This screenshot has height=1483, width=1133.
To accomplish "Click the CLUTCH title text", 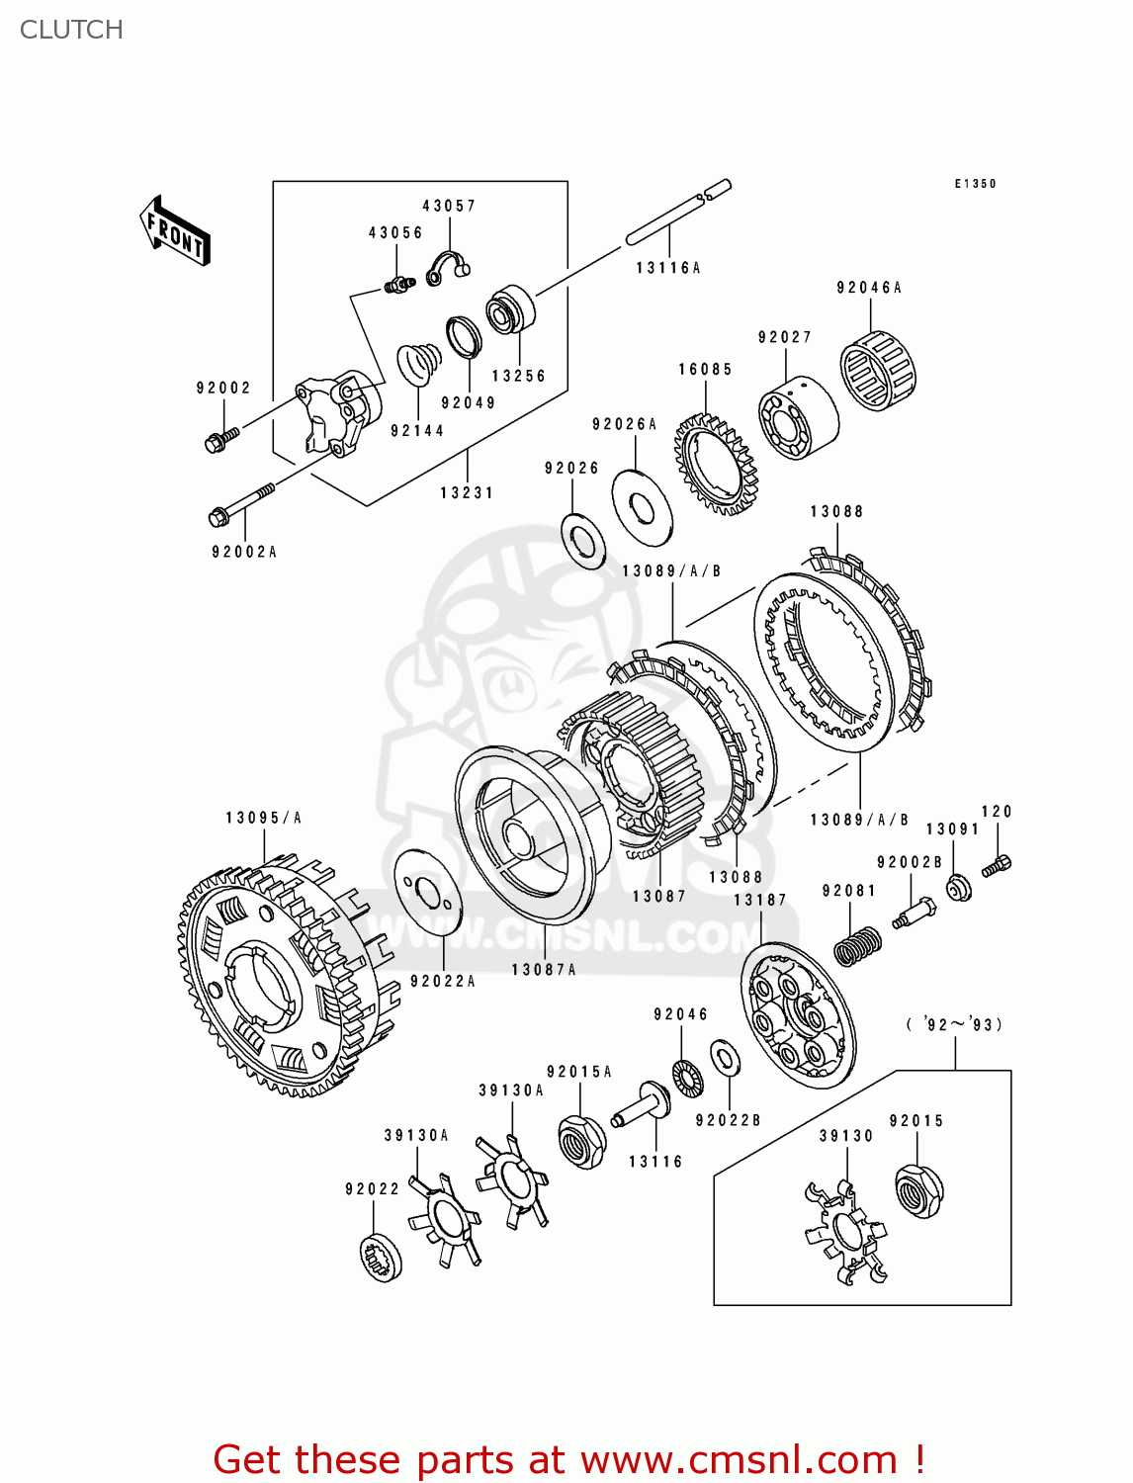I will pyautogui.click(x=71, y=30).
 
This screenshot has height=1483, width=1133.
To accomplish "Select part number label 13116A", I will pyautogui.click(x=667, y=268).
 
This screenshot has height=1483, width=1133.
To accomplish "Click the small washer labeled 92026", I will pyautogui.click(x=583, y=541).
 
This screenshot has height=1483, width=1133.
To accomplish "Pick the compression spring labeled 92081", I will pyautogui.click(x=856, y=946).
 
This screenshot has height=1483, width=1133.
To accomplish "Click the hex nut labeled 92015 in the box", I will pyautogui.click(x=918, y=1190).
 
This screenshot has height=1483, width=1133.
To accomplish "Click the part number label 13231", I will pyautogui.click(x=467, y=492).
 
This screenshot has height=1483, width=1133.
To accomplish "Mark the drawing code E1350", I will pyautogui.click(x=975, y=184).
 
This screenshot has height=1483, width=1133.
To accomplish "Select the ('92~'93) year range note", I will pyautogui.click(x=954, y=1024).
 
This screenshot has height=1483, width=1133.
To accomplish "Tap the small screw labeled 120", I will pyautogui.click(x=997, y=866).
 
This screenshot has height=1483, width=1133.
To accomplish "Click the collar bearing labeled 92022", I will pyautogui.click(x=381, y=1258).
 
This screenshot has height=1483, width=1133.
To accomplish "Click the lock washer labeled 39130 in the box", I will pyautogui.click(x=844, y=1232).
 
